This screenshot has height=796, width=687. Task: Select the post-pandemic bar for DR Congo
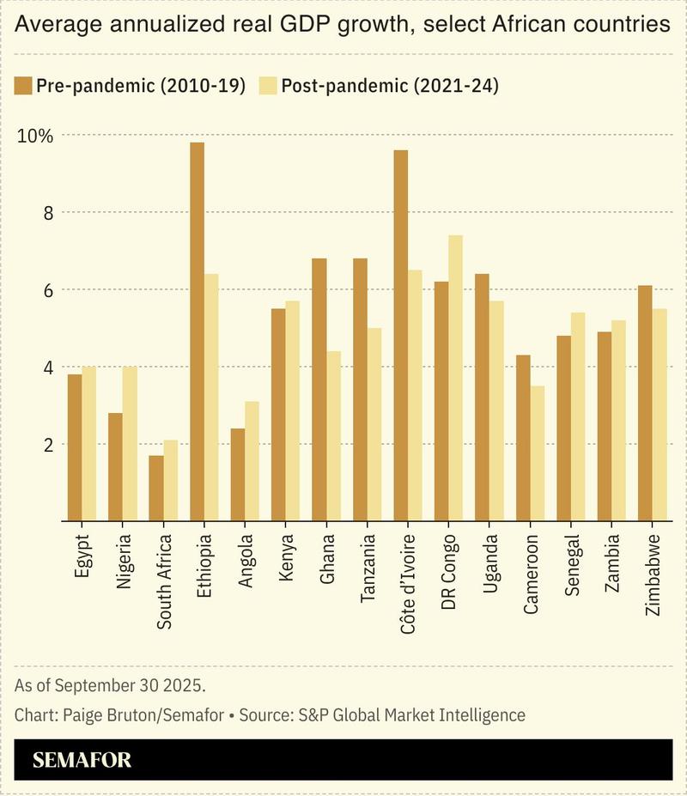pos(455,378)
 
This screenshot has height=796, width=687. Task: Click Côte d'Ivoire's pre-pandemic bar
pos(400,335)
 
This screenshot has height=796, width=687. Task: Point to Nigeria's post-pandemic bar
pos(130,443)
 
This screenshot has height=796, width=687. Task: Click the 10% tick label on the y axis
pos(34,136)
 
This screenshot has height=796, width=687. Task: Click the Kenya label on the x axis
pos(285,558)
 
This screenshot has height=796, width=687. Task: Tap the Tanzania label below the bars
pos(367,570)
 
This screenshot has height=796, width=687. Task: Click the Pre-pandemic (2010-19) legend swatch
pos(23,85)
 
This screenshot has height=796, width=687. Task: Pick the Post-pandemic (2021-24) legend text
pos(390,85)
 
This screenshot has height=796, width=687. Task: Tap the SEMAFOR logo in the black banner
pos(82,760)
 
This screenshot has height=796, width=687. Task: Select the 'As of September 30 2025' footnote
pos(111,686)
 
